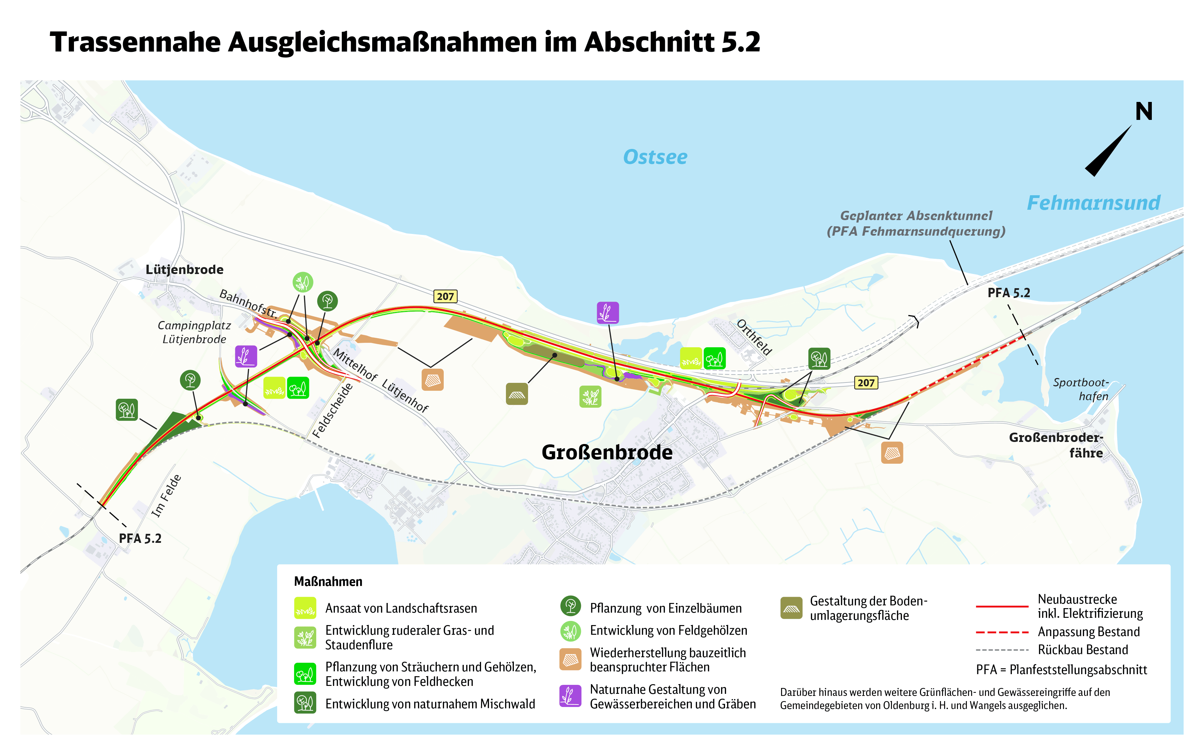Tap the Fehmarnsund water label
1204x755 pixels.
(1093, 203)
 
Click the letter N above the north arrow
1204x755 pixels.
(1144, 111)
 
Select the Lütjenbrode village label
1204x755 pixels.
(184, 270)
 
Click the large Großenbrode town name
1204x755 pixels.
(607, 452)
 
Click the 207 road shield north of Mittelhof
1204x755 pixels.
(445, 296)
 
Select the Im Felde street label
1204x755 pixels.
(166, 496)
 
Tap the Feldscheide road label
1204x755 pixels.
(332, 410)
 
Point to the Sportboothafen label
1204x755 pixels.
(1081, 389)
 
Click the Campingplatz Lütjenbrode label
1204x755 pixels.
(194, 332)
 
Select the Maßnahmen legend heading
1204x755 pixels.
(328, 582)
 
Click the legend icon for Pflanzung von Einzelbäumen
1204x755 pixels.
(570, 606)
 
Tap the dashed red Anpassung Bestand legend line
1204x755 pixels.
(1002, 632)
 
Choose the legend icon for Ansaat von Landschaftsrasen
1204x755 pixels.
(304, 608)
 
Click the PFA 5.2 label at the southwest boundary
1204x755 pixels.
(140, 538)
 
